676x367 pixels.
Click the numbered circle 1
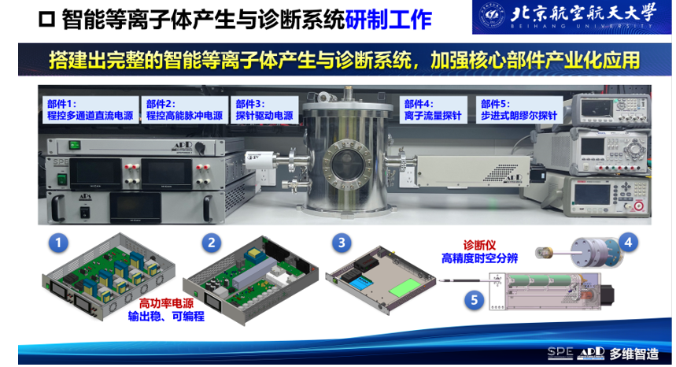click(59, 243)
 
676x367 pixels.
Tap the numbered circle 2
click(211, 243)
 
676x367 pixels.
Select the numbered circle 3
click(342, 243)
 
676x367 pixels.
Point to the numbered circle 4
click(628, 243)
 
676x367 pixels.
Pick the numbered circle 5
click(475, 300)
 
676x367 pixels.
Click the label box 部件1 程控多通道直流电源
click(91, 110)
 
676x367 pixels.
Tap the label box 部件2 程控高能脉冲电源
click(184, 110)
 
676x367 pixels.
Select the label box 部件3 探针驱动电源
click(264, 110)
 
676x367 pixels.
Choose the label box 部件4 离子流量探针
click(434, 110)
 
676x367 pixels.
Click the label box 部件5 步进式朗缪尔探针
click(519, 110)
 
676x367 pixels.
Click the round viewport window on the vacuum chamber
click(346, 164)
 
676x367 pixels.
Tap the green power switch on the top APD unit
click(75, 146)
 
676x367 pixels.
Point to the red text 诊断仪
click(479, 246)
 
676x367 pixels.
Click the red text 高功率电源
click(166, 304)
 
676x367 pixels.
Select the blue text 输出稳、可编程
click(166, 317)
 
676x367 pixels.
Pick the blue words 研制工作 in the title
click(389, 20)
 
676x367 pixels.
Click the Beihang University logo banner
click(571, 17)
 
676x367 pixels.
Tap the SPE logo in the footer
click(560, 353)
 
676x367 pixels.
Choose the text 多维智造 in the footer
click(634, 354)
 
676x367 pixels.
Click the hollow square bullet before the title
click(47, 20)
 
